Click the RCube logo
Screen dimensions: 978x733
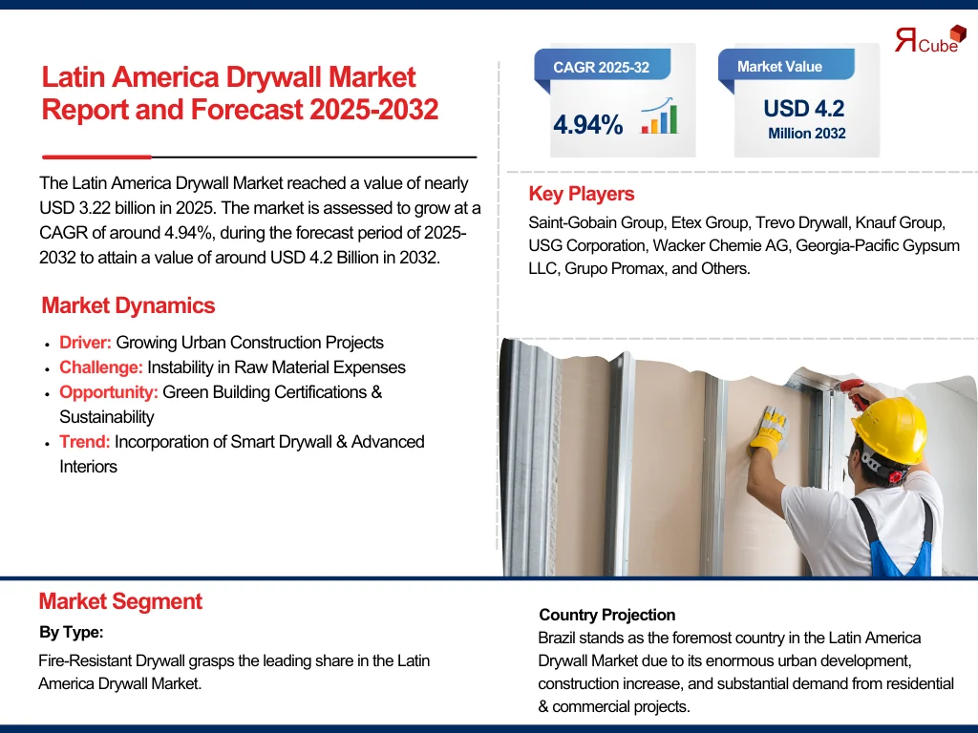930,39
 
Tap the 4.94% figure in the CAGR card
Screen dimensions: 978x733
587,125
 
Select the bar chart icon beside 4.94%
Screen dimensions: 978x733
659,115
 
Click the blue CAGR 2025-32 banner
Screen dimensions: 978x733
602,65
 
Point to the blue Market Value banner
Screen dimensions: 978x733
786,65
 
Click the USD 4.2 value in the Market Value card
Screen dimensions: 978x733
804,109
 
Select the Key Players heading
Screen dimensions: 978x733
582,194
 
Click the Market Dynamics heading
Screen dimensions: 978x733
128,305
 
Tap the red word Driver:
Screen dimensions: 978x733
85,343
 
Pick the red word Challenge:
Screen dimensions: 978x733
101,367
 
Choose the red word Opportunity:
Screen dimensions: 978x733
109,392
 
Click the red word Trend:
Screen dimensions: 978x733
84,442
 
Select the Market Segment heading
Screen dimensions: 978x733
120,601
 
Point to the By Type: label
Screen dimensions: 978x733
71,632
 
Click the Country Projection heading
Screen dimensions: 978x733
606,615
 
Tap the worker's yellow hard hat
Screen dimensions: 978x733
890,429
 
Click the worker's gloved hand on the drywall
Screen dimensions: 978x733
769,429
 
